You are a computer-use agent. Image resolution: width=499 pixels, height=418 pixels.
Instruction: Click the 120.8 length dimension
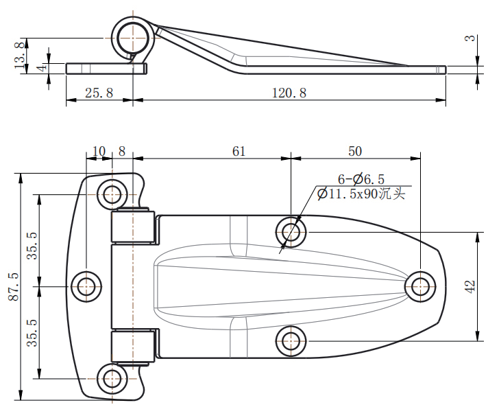[289, 93]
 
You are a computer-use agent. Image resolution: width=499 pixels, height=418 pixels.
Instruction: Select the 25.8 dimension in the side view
[99, 93]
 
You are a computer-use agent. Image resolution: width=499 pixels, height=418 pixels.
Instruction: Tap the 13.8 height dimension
[20, 55]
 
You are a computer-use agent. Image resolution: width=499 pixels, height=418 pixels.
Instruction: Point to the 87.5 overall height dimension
[14, 286]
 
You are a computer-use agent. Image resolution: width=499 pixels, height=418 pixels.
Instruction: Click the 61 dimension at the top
[239, 151]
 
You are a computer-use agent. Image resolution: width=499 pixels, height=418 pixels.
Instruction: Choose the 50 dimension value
[355, 151]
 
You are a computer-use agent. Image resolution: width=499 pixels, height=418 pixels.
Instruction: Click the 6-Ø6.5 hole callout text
[361, 179]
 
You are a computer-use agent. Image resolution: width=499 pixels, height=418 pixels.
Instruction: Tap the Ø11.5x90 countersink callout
[361, 194]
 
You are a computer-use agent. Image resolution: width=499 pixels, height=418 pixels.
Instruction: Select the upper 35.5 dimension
[32, 245]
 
